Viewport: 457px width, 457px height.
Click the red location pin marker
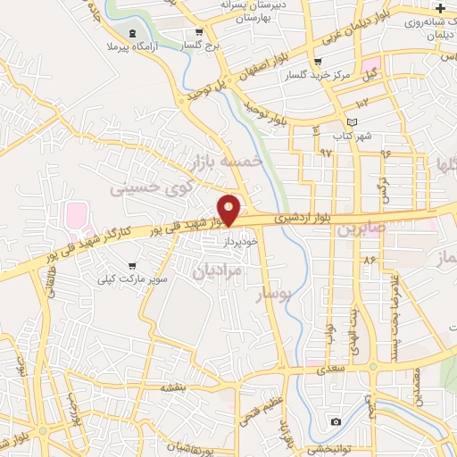[229, 210]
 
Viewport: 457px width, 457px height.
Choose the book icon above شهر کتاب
[352, 122]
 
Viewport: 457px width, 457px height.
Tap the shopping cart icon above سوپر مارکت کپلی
[132, 266]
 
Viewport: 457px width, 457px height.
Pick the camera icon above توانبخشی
[336, 421]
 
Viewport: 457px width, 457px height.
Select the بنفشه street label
[172, 387]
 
